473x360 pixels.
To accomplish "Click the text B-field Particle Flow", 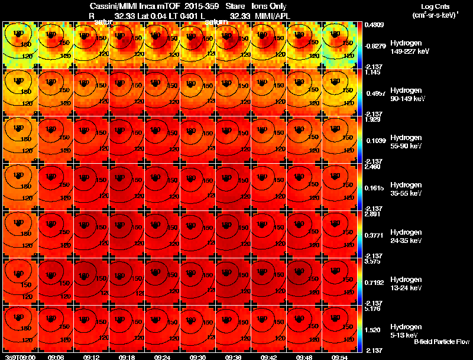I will pos(441,342).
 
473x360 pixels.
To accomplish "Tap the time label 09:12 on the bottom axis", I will pos(92,357).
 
